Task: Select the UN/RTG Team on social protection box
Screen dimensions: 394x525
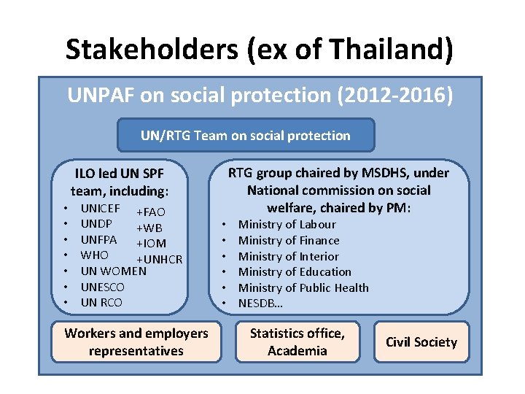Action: [x=246, y=136]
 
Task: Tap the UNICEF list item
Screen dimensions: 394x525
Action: [x=101, y=208]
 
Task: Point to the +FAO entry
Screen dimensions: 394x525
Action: [x=151, y=212]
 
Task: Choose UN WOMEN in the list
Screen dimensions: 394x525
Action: [x=113, y=271]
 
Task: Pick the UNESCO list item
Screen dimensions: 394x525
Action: [x=102, y=287]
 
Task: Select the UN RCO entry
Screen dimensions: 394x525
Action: [x=101, y=303]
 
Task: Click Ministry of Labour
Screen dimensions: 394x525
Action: [x=287, y=225]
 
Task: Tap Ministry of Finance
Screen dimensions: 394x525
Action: [x=289, y=241]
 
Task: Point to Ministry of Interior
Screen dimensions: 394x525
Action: [x=288, y=257]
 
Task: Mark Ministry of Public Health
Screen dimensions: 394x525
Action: [x=303, y=288]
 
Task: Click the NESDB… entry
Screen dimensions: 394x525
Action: [x=262, y=304]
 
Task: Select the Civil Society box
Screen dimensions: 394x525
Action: [x=421, y=342]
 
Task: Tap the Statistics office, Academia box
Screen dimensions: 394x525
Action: [x=297, y=342]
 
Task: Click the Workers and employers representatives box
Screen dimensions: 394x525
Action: [x=136, y=342]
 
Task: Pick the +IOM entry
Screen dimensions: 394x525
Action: [x=151, y=244]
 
